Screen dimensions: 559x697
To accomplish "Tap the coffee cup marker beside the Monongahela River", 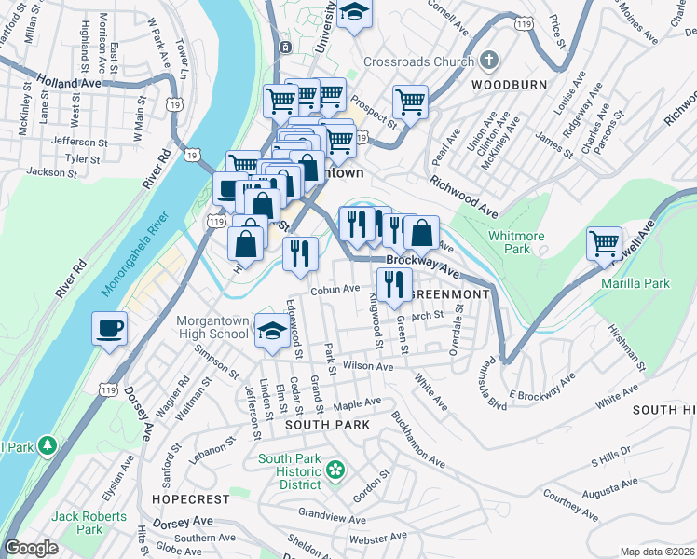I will click(110, 328).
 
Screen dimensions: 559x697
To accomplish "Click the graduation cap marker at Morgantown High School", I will click(272, 334).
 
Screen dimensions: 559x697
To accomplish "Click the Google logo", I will click(31, 548).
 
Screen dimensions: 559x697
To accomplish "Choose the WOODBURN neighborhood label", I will click(508, 84).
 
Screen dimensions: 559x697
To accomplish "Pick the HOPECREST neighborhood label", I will click(184, 499).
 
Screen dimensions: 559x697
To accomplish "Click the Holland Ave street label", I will click(69, 82).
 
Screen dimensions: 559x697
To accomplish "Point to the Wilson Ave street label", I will click(366, 366).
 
